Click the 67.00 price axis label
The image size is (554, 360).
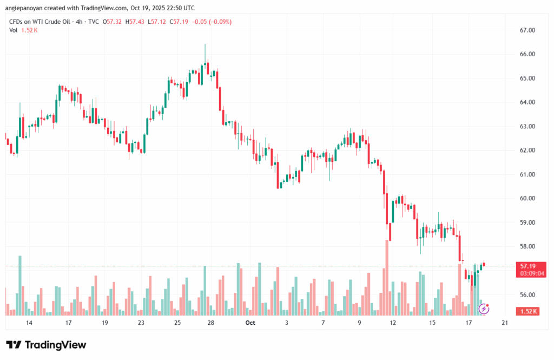tap(527, 30)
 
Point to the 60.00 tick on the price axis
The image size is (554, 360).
tap(527, 199)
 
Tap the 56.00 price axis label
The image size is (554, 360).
tap(527, 295)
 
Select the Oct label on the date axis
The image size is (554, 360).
tap(250, 323)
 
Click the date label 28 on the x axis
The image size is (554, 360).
tap(211, 323)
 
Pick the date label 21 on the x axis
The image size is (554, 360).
tap(505, 323)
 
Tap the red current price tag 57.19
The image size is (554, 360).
tap(527, 266)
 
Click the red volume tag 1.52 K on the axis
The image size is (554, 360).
tap(527, 311)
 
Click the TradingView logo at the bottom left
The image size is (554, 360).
tap(46, 345)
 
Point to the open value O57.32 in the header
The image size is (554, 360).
tap(113, 21)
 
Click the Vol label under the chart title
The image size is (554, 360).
tap(14, 30)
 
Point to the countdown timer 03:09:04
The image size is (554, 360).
tap(527, 273)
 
